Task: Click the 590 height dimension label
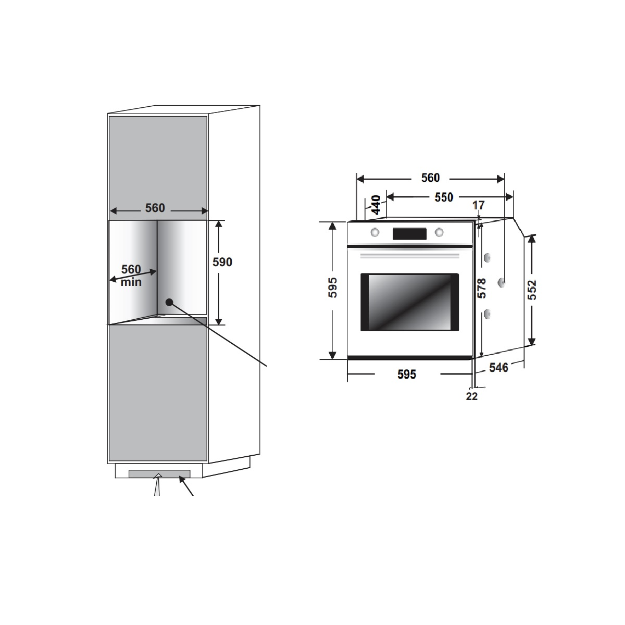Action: pyautogui.click(x=222, y=262)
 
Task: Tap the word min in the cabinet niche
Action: pyautogui.click(x=131, y=282)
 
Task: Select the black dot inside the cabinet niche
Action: pyautogui.click(x=169, y=302)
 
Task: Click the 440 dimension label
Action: pyautogui.click(x=376, y=205)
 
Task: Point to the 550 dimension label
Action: pyautogui.click(x=444, y=197)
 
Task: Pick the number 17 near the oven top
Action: pyautogui.click(x=479, y=205)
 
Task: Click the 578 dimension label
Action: pyautogui.click(x=482, y=288)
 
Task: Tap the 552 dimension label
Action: pyautogui.click(x=533, y=290)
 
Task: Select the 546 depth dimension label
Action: pyautogui.click(x=498, y=368)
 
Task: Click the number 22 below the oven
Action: pyautogui.click(x=471, y=396)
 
